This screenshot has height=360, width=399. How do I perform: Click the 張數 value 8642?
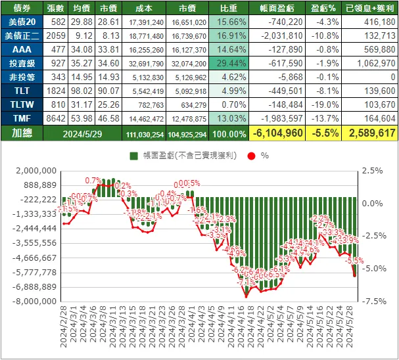click(x=53, y=118)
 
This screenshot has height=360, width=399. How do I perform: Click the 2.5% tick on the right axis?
click(x=370, y=171)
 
